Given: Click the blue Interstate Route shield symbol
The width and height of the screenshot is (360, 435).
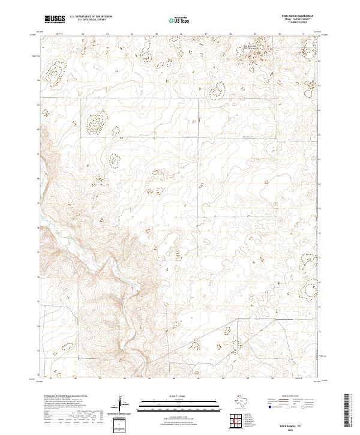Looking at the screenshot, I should (x=269, y=406).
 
